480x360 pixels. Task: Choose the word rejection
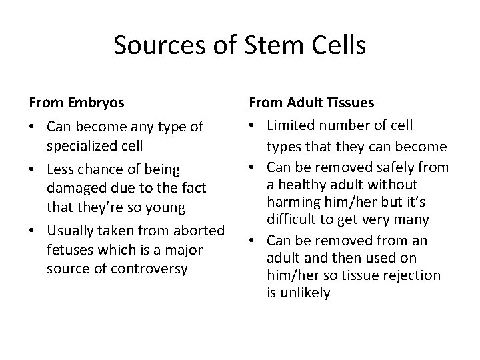[x=415, y=275]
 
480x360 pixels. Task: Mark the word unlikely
[x=304, y=292]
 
